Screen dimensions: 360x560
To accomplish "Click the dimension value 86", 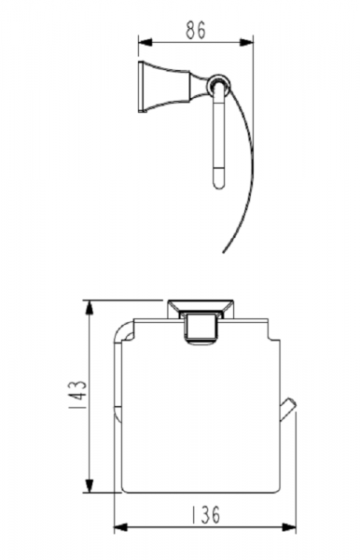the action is pos(196,30).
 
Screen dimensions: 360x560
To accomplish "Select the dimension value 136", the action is pos(205,514).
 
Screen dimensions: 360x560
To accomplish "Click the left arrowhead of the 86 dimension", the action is pos(145,42).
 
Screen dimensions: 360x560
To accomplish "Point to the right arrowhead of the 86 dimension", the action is pos(246,42).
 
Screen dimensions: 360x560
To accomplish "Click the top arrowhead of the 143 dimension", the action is pos(89,307).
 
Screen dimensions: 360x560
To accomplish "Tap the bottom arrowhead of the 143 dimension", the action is pos(89,485).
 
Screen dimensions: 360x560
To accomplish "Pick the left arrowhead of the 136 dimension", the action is pos(121,526).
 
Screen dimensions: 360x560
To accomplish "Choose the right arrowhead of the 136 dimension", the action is pos(288,526).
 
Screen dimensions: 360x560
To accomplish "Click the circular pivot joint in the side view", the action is pos(219,85).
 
